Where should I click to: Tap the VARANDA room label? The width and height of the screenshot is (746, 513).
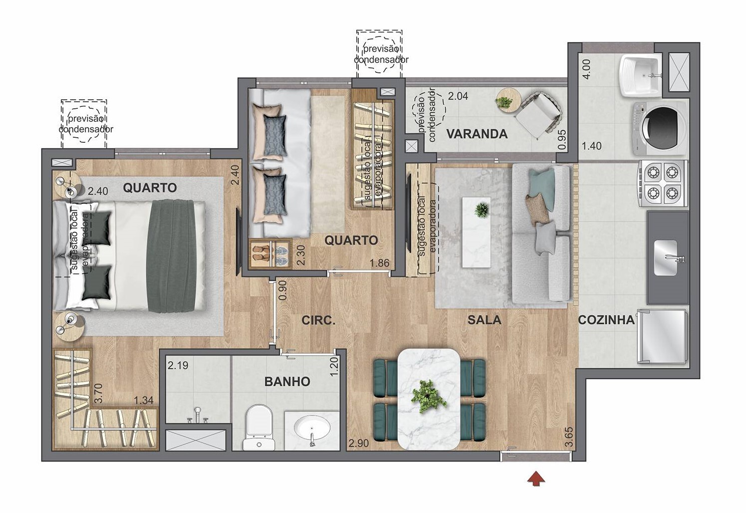coord(477,134)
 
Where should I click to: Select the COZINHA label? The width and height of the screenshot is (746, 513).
coord(606,320)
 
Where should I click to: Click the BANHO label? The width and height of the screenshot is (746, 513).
coord(287,382)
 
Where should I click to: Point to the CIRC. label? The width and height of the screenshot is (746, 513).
coord(318,320)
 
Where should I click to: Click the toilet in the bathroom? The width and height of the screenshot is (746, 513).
coord(259,427)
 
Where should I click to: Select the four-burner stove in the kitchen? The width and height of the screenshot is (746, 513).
coord(662,184)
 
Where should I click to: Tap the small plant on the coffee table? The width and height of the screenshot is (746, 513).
coord(481,210)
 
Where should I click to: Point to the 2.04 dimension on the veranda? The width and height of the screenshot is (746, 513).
coord(458,96)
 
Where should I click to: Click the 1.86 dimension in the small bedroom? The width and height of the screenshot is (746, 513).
coord(379,263)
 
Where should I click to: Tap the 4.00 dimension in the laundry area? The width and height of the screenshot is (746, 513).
coord(587,69)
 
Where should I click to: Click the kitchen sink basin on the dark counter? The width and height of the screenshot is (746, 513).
coord(666,257)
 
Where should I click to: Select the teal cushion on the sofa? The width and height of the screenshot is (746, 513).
coord(542,188)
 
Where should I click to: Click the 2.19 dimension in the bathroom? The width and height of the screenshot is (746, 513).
coord(178,365)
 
